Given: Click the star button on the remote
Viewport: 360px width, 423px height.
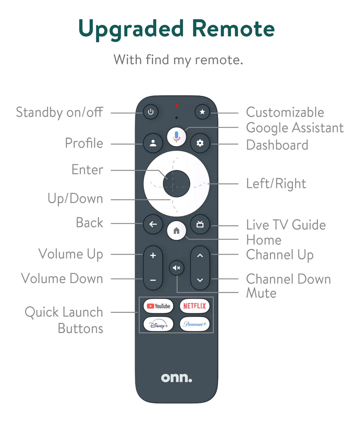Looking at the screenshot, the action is [202, 112].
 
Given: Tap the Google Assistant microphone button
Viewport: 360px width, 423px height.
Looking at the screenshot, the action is [176, 137].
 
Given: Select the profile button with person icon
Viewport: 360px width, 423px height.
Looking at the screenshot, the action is [153, 143].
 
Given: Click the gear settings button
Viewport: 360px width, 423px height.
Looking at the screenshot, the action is [200, 143].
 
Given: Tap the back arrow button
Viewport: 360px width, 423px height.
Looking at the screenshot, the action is [153, 224].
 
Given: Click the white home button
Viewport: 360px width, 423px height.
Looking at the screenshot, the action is [176, 231].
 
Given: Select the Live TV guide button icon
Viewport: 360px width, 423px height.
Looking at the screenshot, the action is [200, 224].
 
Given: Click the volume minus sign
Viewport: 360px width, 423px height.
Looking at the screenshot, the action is [153, 280].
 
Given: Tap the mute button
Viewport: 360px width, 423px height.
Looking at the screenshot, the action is [176, 268].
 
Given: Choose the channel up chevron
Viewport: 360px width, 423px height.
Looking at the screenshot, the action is [200, 255].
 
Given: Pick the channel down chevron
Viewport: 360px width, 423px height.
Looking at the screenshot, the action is [200, 280].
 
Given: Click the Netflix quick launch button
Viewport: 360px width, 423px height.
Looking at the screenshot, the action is [194, 306].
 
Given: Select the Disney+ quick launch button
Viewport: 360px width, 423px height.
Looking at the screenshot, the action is [158, 324].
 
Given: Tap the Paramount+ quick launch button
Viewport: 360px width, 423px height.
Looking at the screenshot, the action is [194, 324].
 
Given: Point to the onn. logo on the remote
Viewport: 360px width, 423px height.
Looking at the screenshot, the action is [176, 378].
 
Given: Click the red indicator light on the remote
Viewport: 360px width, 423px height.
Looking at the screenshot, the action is [176, 106].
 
